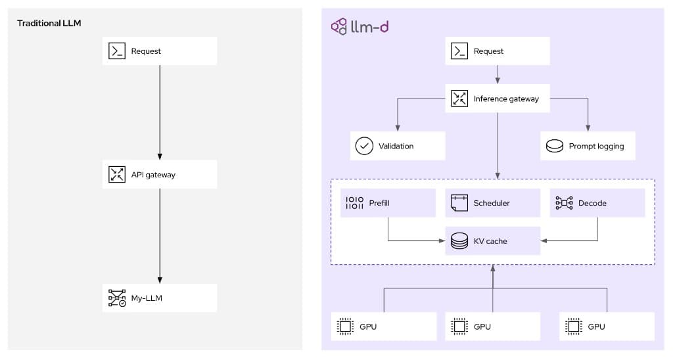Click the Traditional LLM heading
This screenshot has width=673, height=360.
49,24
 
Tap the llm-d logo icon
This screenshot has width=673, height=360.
338,27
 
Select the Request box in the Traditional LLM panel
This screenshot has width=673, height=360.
159,51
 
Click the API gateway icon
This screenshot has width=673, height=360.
116,175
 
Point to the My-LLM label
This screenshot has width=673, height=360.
147,298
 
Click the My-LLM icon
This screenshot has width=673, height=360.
116,298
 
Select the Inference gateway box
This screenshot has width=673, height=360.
498,99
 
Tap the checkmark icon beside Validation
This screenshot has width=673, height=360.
363,146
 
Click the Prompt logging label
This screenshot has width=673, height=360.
596,146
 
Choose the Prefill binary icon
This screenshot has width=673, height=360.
354,203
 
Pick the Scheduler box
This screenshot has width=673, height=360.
492,203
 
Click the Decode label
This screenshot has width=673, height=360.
592,203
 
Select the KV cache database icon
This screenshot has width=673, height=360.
459,241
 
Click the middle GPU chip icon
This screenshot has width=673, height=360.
459,326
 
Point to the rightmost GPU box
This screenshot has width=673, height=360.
607,326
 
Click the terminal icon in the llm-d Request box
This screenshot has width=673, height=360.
459,51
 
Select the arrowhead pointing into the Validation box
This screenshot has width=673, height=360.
397,127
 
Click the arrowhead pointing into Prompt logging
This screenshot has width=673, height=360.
588,127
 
